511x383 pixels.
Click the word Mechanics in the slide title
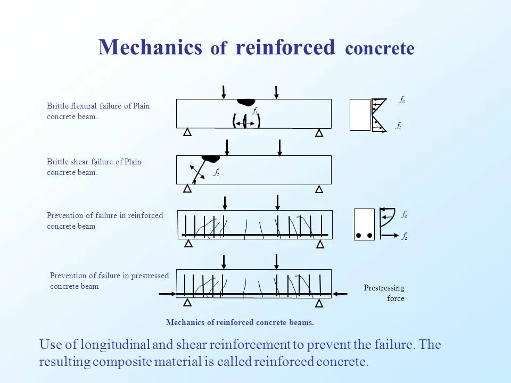point(150,48)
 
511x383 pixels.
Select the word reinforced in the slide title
point(285,48)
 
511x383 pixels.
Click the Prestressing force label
point(385,293)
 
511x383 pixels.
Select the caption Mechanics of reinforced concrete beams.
point(240,322)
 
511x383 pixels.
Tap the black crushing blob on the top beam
point(246,102)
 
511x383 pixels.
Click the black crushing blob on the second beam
point(211,158)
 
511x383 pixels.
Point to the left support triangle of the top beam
point(187,132)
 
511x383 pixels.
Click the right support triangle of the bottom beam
point(319,303)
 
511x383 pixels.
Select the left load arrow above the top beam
point(224,91)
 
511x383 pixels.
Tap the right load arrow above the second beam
point(280,147)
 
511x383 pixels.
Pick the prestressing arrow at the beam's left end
point(168,294)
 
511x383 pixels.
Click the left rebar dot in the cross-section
point(359,235)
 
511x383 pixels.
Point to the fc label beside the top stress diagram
point(402,99)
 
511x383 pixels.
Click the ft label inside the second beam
point(217,172)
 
